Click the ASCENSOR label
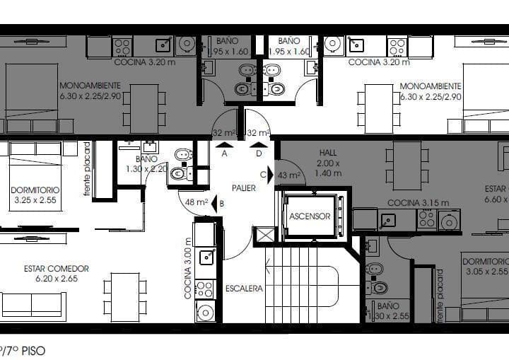click(310, 216)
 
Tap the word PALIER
click(244, 187)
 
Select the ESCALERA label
click(244, 289)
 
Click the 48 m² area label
click(196, 203)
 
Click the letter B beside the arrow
click(222, 204)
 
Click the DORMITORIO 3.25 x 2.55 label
click(35, 195)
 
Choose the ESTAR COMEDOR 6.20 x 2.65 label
click(57, 273)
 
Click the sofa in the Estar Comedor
click(33, 305)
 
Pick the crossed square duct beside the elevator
click(265, 235)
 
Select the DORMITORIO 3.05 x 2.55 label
click(486, 266)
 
